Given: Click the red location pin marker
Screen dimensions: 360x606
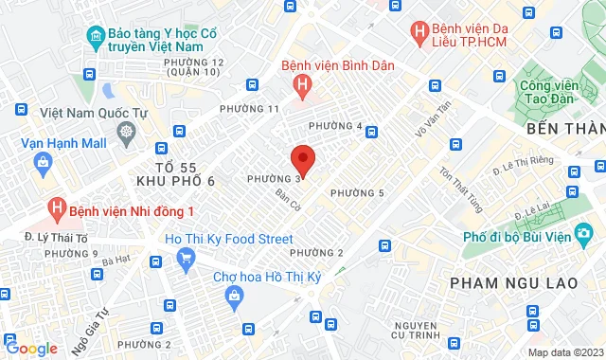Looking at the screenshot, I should point(302,159).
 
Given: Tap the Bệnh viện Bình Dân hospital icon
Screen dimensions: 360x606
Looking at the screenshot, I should point(302,86).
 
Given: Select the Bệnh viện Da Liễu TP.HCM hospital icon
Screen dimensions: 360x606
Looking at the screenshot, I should point(419,31).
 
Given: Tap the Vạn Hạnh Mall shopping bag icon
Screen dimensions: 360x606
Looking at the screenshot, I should point(42,161).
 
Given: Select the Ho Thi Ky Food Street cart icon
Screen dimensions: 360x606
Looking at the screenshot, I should point(185,257).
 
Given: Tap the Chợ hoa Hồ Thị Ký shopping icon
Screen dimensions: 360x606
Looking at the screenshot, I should point(234,297).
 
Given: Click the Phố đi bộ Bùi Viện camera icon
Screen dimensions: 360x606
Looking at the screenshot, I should point(585,233).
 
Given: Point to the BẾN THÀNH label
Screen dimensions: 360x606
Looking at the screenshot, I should point(565,128).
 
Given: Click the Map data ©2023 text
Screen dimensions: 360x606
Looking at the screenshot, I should point(563,353).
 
